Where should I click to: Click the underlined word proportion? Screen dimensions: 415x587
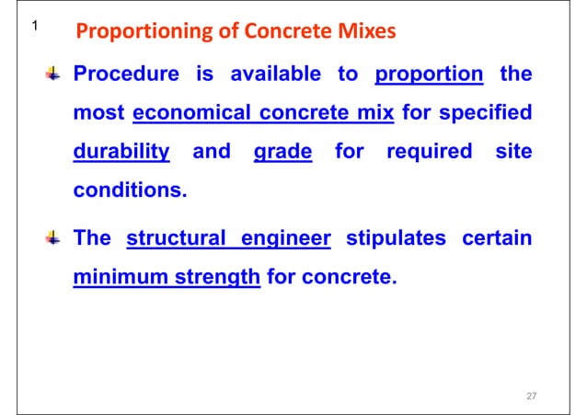coord(430,75)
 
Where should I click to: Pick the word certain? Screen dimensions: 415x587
coord(496,239)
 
